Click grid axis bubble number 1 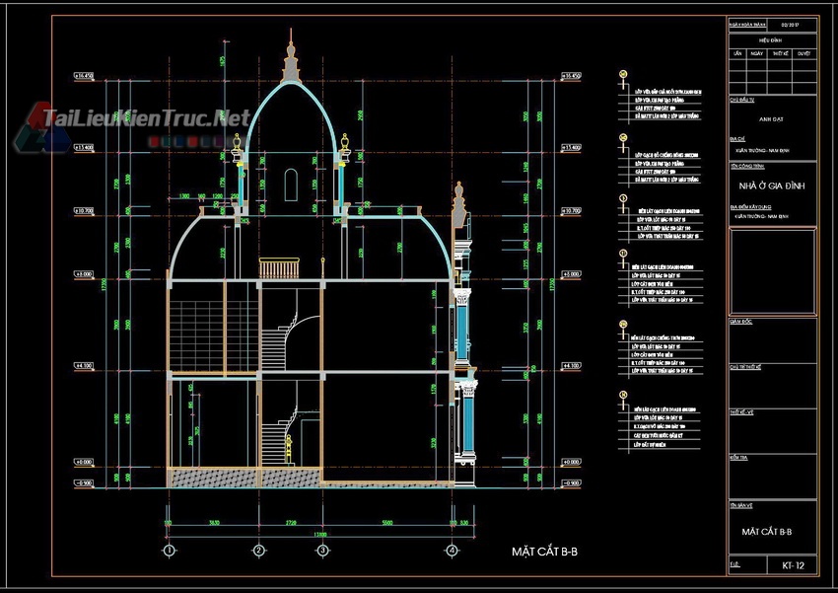170,550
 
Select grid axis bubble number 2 258,550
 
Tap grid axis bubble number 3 322,550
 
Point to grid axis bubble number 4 452,550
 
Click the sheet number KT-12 793,565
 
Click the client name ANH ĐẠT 772,117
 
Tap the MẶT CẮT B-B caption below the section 544,551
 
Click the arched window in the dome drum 291,185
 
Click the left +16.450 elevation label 84,76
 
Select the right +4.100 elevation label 571,366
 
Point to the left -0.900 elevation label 84,483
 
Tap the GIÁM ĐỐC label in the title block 741,322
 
